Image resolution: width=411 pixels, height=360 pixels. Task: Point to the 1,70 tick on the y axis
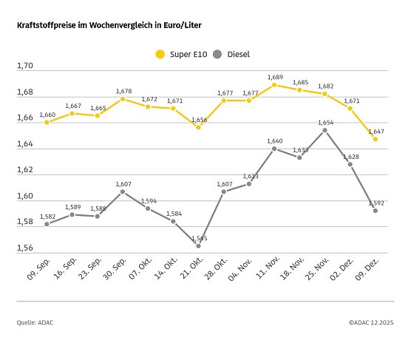click(25, 67)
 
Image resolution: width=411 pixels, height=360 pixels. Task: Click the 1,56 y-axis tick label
click(25, 248)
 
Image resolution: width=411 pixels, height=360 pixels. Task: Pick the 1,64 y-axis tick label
click(25, 144)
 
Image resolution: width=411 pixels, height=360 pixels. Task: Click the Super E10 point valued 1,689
click(274, 85)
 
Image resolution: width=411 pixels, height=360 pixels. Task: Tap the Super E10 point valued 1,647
click(376, 139)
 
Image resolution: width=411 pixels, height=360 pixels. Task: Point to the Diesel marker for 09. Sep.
click(47, 224)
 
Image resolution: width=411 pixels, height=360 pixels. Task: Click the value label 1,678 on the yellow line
click(123, 91)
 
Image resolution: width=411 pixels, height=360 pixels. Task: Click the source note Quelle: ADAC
click(35, 322)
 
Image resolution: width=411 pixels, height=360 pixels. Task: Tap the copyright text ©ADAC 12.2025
click(370, 322)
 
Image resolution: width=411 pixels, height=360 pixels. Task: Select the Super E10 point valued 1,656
click(198, 127)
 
